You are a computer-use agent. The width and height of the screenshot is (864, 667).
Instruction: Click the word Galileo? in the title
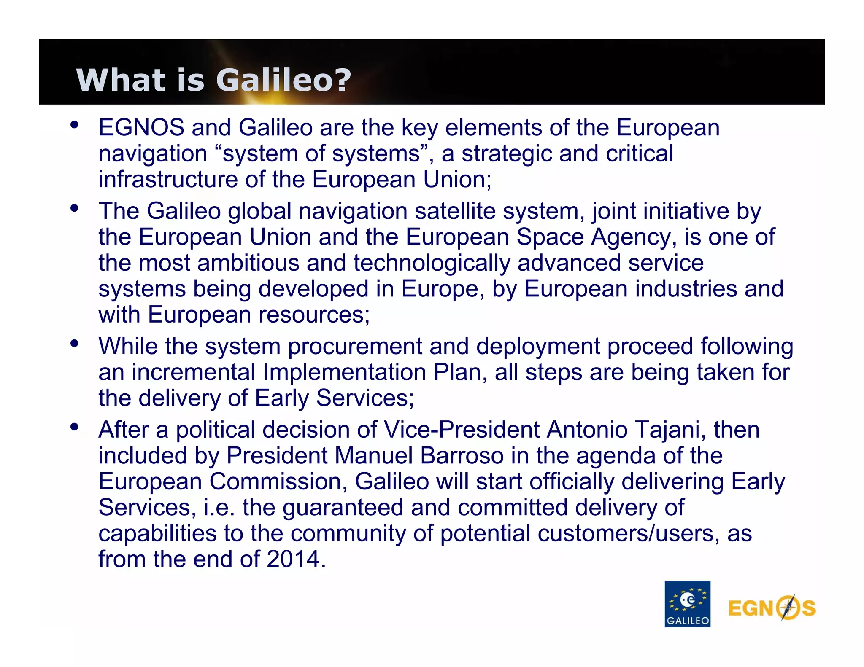click(283, 80)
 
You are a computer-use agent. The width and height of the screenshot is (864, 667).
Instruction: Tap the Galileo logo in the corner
click(687, 604)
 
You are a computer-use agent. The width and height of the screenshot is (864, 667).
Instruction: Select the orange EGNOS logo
click(772, 608)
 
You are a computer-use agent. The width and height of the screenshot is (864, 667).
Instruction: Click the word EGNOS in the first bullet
click(141, 127)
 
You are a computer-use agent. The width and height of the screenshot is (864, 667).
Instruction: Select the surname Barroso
click(462, 456)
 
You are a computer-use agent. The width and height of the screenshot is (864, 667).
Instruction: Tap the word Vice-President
click(462, 430)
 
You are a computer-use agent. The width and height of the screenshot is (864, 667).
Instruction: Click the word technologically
click(432, 263)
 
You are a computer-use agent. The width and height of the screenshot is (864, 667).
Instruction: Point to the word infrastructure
click(168, 180)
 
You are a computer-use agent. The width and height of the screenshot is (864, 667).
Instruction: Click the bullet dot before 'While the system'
click(75, 344)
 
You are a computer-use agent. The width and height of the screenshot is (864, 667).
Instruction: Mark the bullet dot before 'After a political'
click(75, 427)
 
